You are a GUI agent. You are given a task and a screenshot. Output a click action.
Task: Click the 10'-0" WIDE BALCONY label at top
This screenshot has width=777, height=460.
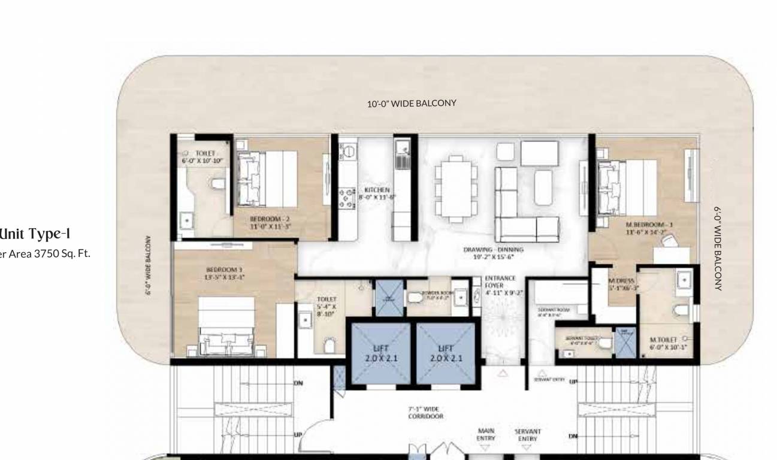tap(412, 103)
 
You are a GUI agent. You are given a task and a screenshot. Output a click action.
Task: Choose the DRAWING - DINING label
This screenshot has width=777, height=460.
tap(493, 253)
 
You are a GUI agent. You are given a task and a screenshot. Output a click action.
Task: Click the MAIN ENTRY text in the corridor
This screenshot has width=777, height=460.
tap(485, 434)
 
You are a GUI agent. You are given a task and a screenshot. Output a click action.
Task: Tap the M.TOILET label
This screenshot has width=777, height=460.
tap(664, 343)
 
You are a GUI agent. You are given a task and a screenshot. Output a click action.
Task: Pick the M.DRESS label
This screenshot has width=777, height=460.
tap(622, 283)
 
